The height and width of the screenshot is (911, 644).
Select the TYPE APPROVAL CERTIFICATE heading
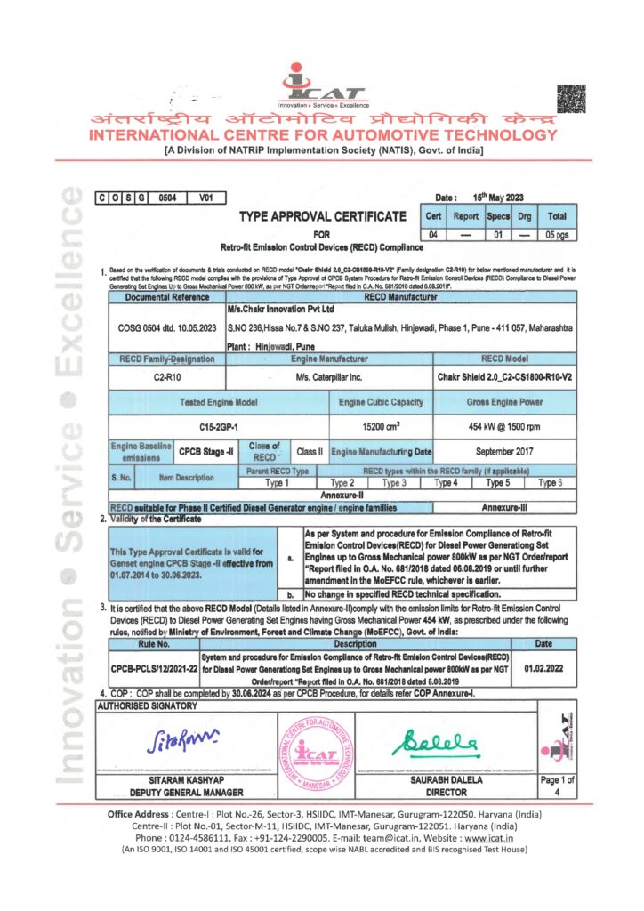[x=322, y=216]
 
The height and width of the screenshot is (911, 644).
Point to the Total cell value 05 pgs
[x=556, y=234]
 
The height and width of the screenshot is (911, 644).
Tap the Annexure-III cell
[x=505, y=507]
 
